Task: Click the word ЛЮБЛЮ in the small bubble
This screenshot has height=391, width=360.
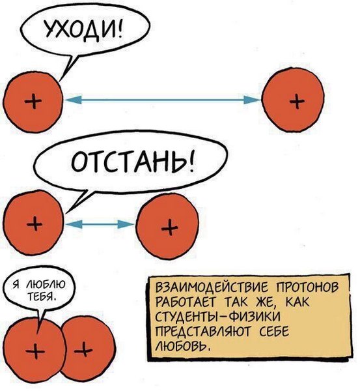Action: pos(46,284)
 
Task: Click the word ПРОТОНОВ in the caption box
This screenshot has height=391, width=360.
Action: pos(307,287)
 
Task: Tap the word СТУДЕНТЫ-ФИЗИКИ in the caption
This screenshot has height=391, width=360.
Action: pos(218,317)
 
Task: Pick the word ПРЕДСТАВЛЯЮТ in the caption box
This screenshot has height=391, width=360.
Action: pos(202,332)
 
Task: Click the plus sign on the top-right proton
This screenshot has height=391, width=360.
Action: pos(297,101)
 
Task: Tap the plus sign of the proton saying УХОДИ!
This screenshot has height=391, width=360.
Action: pos(33,101)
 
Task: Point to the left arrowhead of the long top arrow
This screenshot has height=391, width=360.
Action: pos(74,100)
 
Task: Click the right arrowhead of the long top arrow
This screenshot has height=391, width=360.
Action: pos(252,100)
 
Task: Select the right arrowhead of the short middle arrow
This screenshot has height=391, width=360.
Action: pos(126,224)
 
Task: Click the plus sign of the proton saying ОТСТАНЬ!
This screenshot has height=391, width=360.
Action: pos(35,223)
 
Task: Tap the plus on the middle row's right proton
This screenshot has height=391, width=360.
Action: pos(170,227)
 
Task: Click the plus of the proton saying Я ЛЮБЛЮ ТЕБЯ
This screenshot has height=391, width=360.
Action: pos(35,351)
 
